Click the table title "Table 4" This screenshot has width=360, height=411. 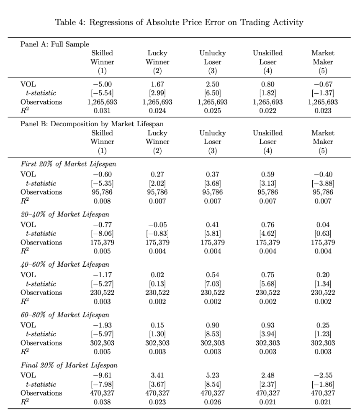pos(179,22)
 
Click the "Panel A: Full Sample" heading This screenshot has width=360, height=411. pos(55,44)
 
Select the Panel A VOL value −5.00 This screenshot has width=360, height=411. pos(103,84)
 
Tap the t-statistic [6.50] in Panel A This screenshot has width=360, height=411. pos(212,93)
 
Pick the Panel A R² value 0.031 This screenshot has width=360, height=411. pos(103,111)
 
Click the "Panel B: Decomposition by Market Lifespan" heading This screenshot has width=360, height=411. pos(92,124)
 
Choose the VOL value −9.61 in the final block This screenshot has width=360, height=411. pos(103,375)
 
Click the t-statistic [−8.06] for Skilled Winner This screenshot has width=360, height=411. pos(103,233)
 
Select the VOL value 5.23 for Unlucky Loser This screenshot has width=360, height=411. pos(212,375)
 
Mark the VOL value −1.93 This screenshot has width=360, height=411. pos(103,325)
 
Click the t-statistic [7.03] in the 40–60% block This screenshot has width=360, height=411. pos(212,284)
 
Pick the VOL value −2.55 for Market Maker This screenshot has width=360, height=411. pos(323,375)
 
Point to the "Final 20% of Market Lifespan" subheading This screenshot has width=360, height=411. pos(64,365)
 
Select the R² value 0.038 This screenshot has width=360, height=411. pos(103,402)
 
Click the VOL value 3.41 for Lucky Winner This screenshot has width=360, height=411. pos(157,375)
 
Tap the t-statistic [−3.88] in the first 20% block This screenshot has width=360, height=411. pos(323,183)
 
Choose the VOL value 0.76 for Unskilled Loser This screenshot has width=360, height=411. pos(267,225)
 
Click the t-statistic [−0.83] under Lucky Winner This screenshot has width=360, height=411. pos(157,233)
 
